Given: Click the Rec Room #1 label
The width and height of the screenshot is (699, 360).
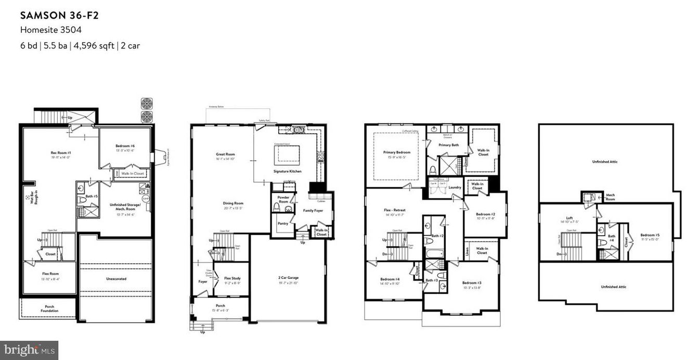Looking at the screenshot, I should coord(61,153).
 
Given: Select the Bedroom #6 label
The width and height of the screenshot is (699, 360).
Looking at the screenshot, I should coord(125,146).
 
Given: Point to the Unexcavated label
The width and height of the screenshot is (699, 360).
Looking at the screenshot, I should coord(116,279).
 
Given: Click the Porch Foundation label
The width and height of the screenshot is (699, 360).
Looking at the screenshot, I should coord(50,308).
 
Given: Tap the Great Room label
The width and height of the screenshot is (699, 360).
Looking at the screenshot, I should coord(225,155).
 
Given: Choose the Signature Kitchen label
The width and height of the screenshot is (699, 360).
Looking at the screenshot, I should coord(287,171).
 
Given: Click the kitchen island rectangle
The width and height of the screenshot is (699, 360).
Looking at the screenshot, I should coord(287,153).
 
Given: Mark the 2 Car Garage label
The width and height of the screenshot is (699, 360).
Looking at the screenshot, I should coord(288,278).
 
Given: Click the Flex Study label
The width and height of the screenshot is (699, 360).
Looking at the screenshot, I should coord(232,278).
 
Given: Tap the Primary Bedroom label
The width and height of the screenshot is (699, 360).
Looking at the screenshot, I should coord(396,152).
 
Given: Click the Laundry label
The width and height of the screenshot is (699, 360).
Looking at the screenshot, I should coord(455,187).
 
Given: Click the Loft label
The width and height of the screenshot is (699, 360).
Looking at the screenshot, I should coord(569,218).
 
